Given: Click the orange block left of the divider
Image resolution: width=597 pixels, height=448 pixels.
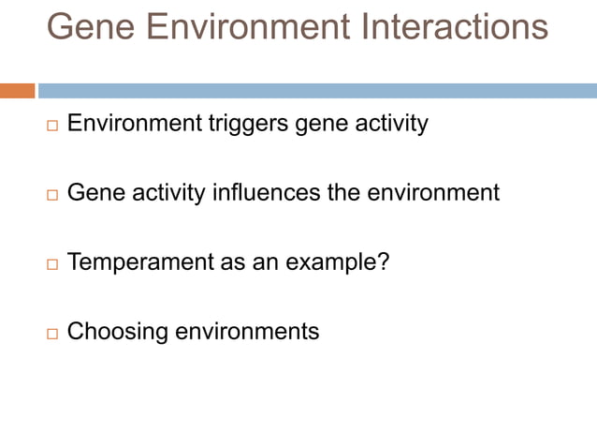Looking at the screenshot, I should [x=17, y=91].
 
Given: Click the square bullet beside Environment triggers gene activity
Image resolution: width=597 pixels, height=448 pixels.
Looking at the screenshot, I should [x=51, y=125].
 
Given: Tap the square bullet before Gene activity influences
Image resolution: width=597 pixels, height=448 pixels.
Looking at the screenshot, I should [x=51, y=195].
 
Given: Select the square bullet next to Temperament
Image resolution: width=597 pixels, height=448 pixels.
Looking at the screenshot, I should [x=51, y=263].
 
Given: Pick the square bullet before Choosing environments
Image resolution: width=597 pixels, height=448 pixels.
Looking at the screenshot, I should [x=51, y=333].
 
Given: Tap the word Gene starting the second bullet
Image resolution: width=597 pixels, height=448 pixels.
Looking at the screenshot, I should [x=91, y=193].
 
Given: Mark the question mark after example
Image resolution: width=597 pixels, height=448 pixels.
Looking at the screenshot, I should [x=382, y=262].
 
